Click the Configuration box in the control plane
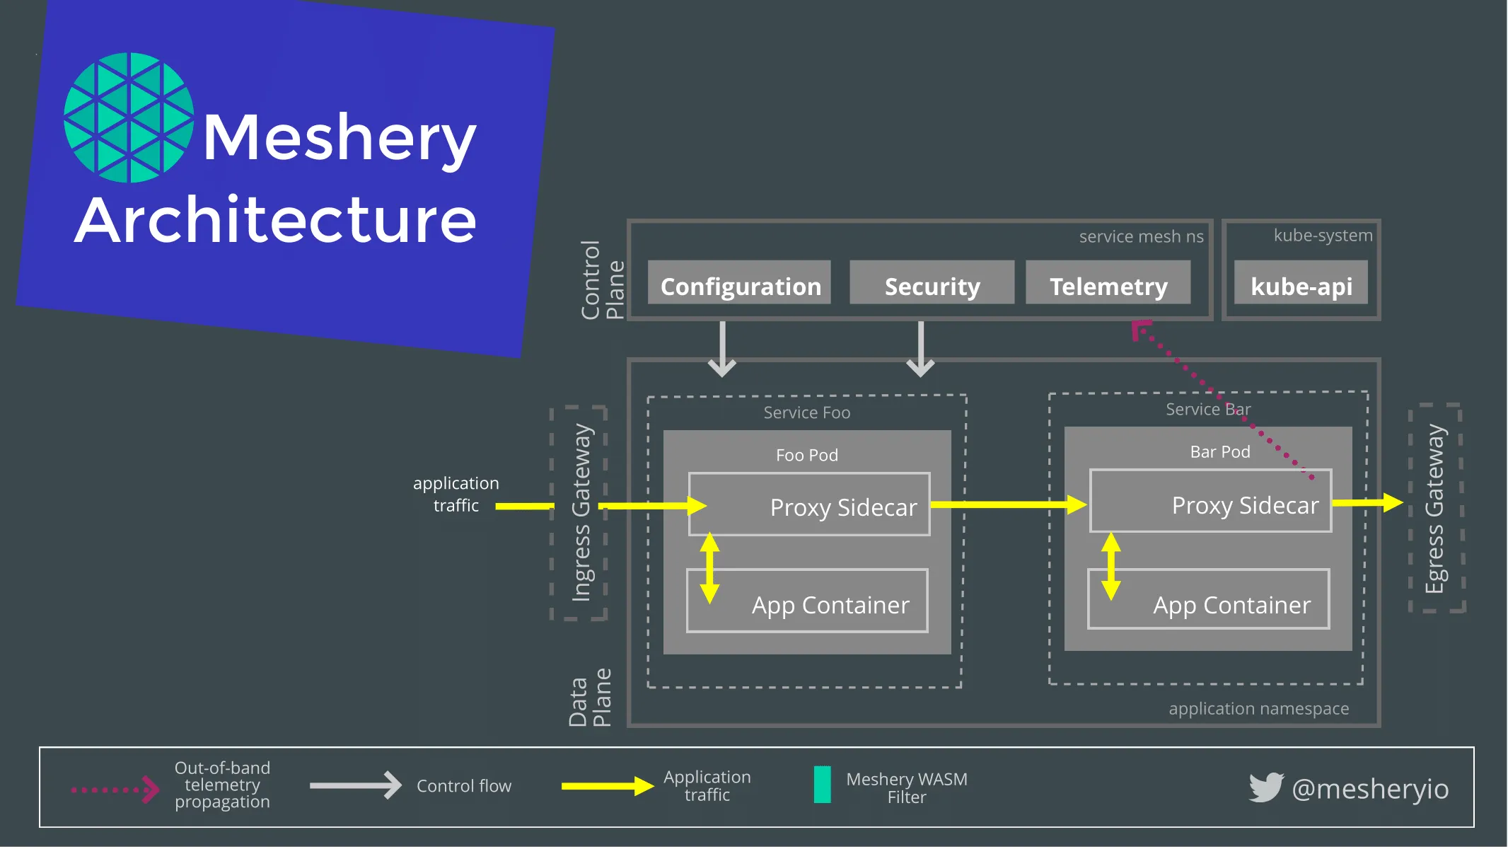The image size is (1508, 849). pos(739,283)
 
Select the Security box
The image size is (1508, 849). pos(932,283)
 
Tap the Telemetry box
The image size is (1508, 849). pos(1108,283)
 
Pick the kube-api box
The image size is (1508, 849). pos(1301,283)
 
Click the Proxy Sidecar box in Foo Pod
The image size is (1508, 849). pos(809,504)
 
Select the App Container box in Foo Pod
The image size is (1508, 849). pos(807,601)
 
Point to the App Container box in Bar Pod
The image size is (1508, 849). pos(1209,599)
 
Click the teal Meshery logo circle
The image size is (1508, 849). pos(129,117)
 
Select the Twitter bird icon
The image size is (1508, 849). pos(1265,787)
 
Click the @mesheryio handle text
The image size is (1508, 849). pos(1370,788)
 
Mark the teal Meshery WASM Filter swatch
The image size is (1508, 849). pos(822,785)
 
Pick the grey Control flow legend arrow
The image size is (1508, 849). pos(355,785)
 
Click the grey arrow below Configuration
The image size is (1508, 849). pos(722,350)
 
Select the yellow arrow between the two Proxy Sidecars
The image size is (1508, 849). pos(1009,504)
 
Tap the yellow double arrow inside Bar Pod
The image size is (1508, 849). pos(1111,566)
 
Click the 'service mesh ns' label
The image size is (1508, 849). pos(1141,236)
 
